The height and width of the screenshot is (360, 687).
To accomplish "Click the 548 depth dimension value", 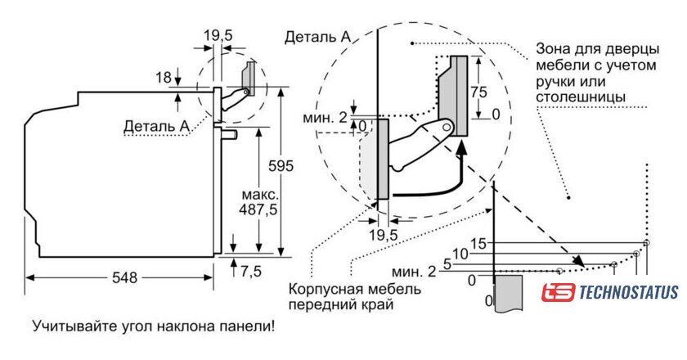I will coord(124,277).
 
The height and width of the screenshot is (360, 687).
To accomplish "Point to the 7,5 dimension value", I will coord(252,271).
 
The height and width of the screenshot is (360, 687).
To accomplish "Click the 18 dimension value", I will coord(163,78).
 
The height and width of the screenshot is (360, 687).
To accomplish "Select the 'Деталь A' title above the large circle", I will coord(319,37).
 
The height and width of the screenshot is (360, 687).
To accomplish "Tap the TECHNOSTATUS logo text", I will coord(629,292).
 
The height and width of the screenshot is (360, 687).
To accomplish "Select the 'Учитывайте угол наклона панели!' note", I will coord(154,326).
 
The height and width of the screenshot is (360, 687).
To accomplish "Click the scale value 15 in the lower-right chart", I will coord(478,243).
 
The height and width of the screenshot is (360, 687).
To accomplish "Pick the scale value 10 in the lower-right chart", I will coord(460,254).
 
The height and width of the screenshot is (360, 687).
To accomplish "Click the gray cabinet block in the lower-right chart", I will coord(509,291).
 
